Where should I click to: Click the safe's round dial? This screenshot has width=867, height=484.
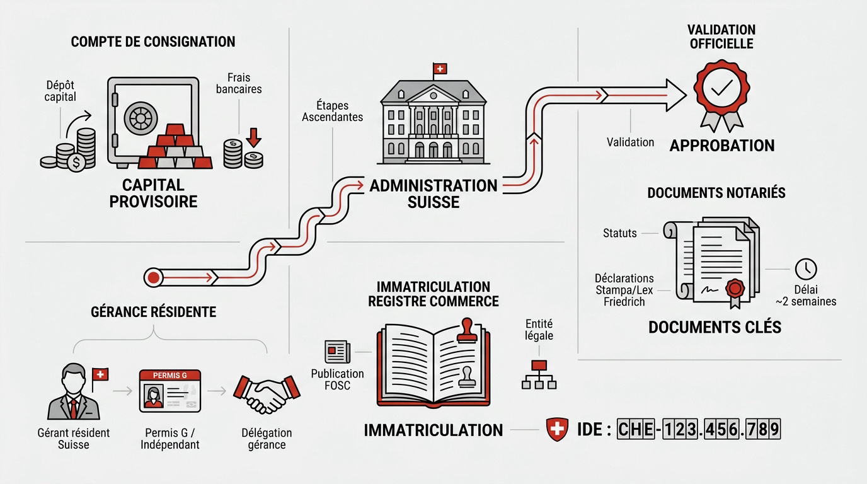click(x=143, y=118)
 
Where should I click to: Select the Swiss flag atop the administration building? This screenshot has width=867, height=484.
click(x=439, y=69)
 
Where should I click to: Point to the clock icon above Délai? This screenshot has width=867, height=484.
click(x=806, y=269)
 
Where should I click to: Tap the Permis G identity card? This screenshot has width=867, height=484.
click(x=169, y=391)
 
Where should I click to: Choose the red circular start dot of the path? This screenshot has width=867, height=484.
click(x=152, y=276)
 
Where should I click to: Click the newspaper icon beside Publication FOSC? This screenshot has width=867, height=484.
click(x=337, y=352)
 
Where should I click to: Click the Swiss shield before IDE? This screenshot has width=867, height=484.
click(x=557, y=430)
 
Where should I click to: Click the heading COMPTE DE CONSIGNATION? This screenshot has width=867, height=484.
click(x=153, y=42)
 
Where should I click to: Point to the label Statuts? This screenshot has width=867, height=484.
click(x=620, y=233)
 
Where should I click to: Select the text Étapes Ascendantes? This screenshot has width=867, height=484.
click(x=332, y=112)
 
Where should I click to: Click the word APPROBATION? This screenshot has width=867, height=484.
click(x=721, y=146)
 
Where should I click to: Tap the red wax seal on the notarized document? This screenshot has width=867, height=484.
click(x=735, y=289)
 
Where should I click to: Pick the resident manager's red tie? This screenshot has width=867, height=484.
click(x=74, y=408)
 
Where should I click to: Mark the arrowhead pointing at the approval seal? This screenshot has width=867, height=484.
click(x=676, y=95)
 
